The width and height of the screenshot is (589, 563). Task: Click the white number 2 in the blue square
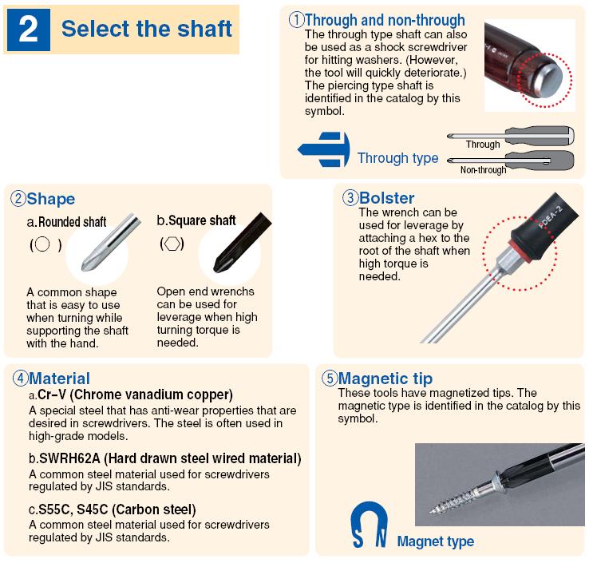[28, 30]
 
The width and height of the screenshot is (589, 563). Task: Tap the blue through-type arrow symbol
[323, 149]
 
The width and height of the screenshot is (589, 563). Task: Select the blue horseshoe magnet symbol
[369, 524]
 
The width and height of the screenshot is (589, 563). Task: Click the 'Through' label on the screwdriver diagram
[483, 145]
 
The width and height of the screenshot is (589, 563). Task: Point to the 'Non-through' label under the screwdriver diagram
[483, 170]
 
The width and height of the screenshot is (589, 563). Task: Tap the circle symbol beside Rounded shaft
[42, 244]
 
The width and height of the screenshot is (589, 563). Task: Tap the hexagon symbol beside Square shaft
[172, 244]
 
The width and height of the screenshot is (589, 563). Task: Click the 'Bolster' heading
[386, 198]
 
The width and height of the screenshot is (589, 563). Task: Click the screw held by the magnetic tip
[467, 496]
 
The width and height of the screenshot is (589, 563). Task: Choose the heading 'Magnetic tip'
[385, 379]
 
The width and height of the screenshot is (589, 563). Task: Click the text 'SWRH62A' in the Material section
[69, 458]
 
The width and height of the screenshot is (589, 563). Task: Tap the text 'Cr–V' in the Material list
[52, 394]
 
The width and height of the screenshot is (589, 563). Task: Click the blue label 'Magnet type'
[435, 541]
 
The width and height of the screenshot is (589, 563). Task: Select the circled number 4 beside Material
[20, 378]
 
